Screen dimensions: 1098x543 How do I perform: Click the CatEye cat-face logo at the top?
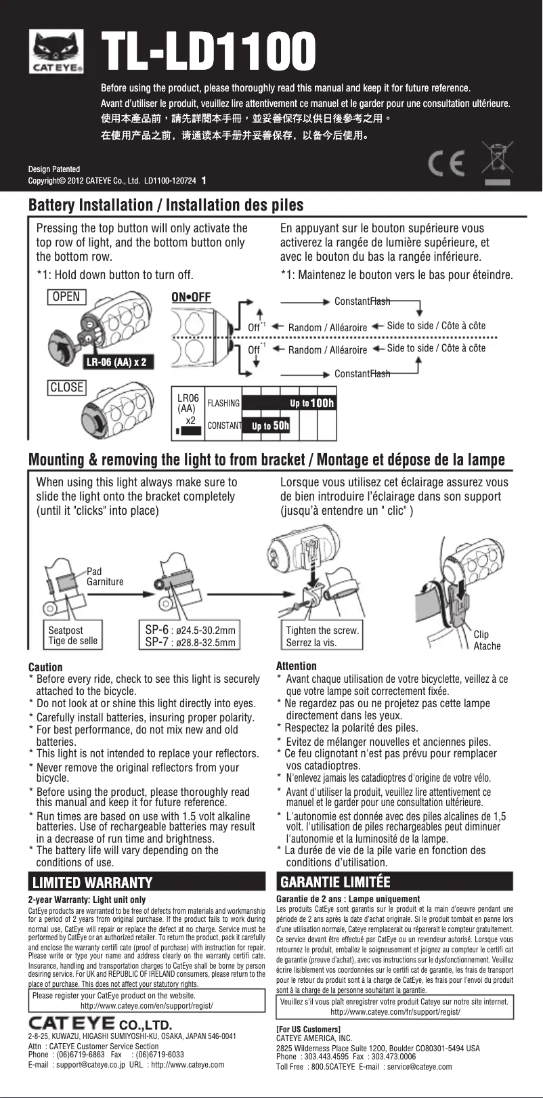[x=56, y=51]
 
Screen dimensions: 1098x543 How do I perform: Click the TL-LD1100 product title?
[x=208, y=52]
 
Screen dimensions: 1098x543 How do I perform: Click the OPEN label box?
[x=66, y=297]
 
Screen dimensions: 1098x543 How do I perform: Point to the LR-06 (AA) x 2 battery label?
[x=116, y=362]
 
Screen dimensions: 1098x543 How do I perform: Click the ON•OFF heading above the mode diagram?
[x=191, y=297]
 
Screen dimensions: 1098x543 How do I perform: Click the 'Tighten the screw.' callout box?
[x=321, y=636]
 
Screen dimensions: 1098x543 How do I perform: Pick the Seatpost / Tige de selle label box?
[x=72, y=635]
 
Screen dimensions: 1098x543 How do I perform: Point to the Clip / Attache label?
[x=486, y=640]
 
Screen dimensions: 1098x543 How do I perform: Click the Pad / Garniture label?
[x=104, y=576]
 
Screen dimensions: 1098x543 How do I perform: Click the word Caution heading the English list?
[x=45, y=667]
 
